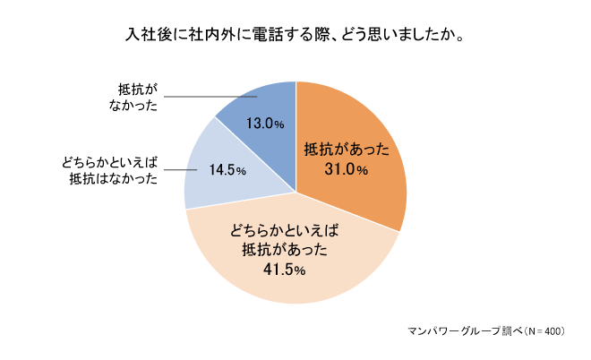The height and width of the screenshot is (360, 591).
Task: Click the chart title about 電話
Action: tap(295, 37)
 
